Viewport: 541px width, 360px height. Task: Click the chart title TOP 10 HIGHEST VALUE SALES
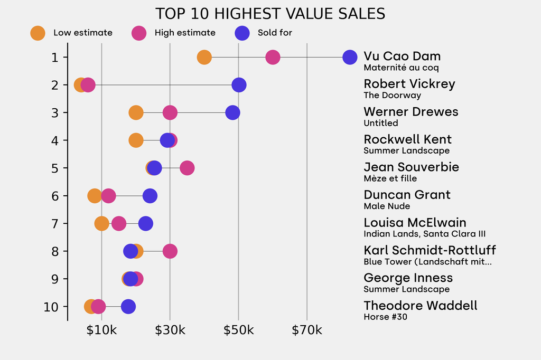pyautogui.click(x=270, y=14)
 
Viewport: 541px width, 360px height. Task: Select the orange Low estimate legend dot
pyautogui.click(x=38, y=33)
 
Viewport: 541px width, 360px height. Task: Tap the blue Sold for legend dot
pyautogui.click(x=241, y=33)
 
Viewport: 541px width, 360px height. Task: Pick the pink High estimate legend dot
pyautogui.click(x=138, y=33)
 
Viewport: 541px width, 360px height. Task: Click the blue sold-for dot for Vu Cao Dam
pyautogui.click(x=350, y=57)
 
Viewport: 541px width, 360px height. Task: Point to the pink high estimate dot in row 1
pyautogui.click(x=273, y=57)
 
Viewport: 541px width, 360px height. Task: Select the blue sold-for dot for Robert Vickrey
pyautogui.click(x=239, y=85)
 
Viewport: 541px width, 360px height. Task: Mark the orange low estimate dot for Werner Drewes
pyautogui.click(x=136, y=112)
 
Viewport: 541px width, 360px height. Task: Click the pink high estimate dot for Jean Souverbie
pyautogui.click(x=187, y=168)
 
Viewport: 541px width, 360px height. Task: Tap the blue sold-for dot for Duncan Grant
pyautogui.click(x=150, y=196)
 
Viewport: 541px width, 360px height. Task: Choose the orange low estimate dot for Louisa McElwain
pyautogui.click(x=102, y=223)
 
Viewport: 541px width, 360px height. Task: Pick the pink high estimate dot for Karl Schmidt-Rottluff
pyautogui.click(x=170, y=251)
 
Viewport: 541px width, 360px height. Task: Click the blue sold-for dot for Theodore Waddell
pyautogui.click(x=128, y=307)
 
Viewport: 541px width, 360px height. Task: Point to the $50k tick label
pyautogui.click(x=238, y=331)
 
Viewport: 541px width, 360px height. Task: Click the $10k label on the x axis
pyautogui.click(x=101, y=331)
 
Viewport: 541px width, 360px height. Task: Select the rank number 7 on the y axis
pyautogui.click(x=55, y=223)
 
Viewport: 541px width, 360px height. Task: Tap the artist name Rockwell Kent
pyautogui.click(x=407, y=139)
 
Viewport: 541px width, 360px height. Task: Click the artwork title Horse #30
pyautogui.click(x=385, y=317)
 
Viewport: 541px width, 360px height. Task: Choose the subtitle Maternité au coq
pyautogui.click(x=401, y=68)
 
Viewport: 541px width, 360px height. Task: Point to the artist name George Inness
pyautogui.click(x=408, y=278)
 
